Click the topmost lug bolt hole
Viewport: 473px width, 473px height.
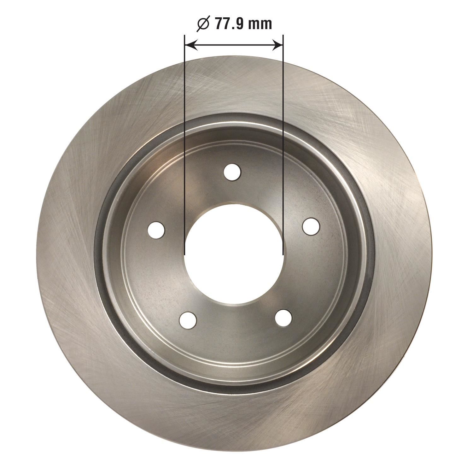232,172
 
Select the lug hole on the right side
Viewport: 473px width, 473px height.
311,226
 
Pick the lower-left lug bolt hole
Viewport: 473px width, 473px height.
188,320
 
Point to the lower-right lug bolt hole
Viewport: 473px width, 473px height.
283,318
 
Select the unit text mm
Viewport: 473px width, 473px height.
260,25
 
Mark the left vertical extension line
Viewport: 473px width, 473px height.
184,142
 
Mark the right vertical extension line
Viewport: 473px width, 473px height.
283,142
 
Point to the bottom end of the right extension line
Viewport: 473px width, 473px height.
283,254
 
